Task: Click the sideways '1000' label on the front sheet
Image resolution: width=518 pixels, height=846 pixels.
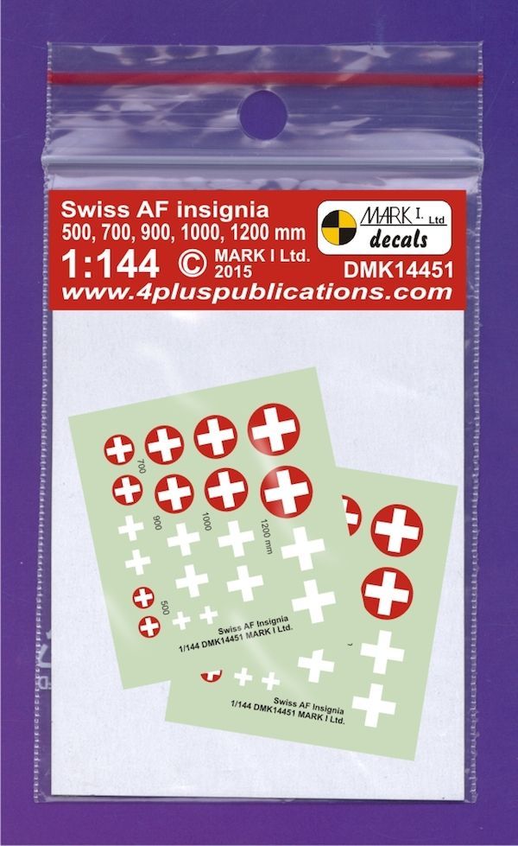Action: pos(205,521)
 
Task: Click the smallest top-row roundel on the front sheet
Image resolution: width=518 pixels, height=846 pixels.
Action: pos(120,449)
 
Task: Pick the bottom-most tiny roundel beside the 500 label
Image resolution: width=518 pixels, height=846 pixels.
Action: pos(149,626)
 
